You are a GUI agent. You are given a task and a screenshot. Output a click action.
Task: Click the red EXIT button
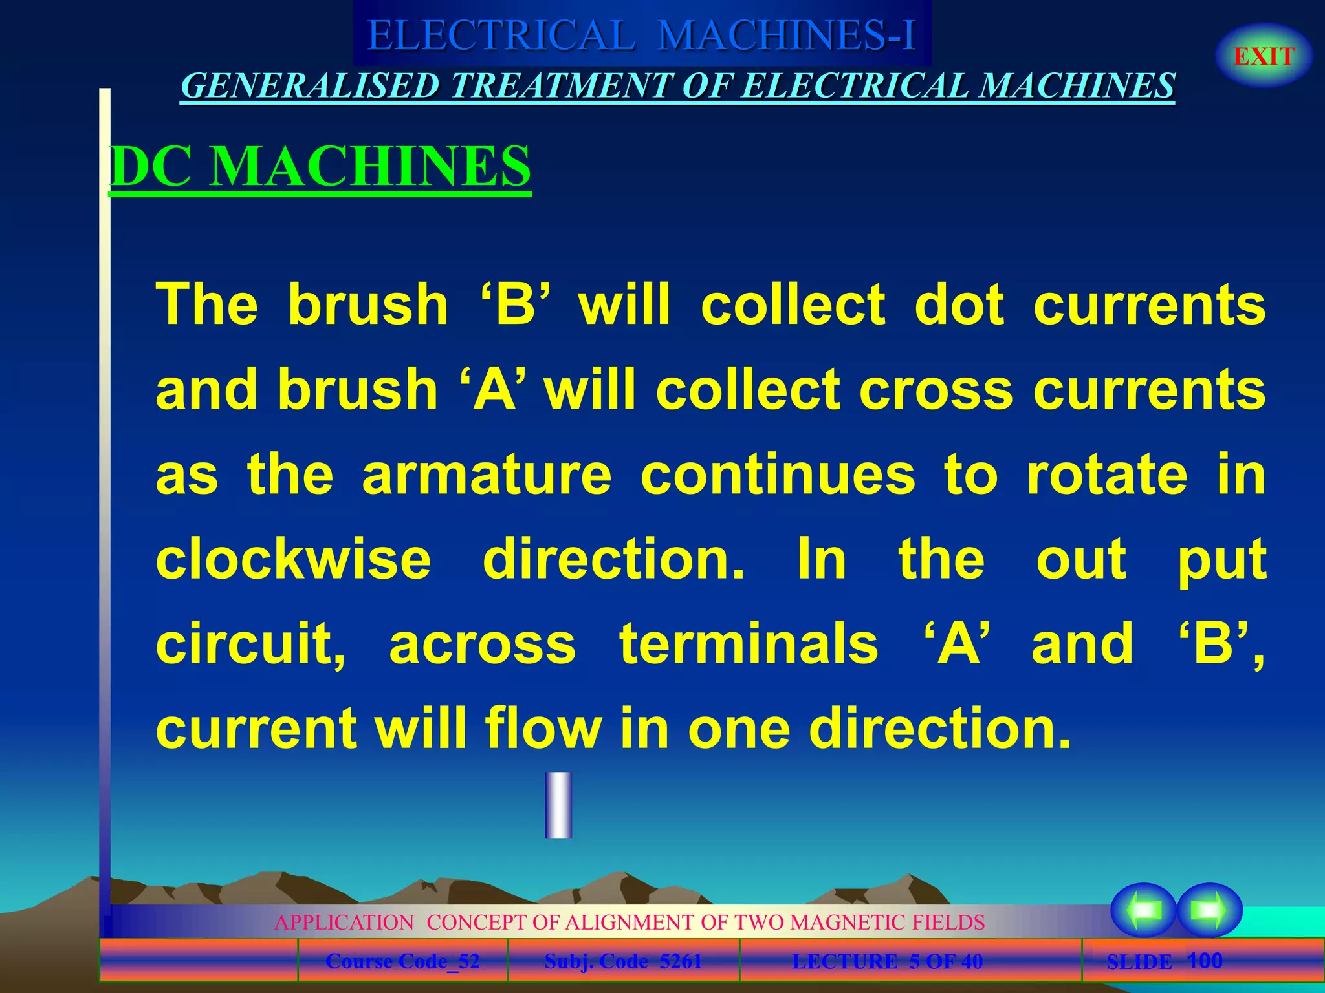coord(1264,56)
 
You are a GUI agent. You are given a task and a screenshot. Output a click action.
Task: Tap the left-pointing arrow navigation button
coord(1144,910)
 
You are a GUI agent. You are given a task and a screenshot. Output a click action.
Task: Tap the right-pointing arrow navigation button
coord(1209,910)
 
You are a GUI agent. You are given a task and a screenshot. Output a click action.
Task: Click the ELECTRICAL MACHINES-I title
coord(642,35)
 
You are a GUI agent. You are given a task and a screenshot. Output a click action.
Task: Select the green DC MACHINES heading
coord(320,166)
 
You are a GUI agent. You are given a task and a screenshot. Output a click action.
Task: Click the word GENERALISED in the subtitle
coord(310,86)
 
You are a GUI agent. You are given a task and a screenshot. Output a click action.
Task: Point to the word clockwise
coord(293,559)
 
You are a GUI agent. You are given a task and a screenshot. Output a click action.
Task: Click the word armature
coord(487,475)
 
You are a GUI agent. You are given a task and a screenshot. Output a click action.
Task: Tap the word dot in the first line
coord(959,304)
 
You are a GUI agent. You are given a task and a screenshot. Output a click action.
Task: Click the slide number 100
coord(1205,961)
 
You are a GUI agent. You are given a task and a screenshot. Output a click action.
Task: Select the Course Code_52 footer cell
coord(402,961)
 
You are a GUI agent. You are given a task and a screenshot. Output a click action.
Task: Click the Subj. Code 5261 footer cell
coord(623,961)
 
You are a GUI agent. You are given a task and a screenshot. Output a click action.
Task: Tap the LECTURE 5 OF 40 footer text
coord(887,961)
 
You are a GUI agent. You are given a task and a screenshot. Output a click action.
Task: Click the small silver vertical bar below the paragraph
coord(558,805)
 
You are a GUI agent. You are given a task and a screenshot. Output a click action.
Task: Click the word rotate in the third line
coord(1107,475)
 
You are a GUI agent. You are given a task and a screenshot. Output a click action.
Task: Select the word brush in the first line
coord(367,304)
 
